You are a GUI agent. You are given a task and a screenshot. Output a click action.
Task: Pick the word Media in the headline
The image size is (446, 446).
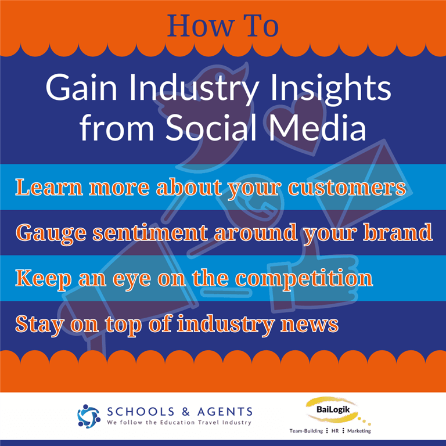coord(317,127)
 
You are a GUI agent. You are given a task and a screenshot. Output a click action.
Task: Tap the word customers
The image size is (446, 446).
coord(347,188)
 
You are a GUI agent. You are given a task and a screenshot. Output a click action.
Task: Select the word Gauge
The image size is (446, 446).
coord(51,233)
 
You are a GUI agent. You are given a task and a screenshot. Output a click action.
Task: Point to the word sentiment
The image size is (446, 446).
coord(150,232)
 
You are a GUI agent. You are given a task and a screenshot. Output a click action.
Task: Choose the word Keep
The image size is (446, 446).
coord(43,279)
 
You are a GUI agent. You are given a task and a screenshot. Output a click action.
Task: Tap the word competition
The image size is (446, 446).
coord(304,279)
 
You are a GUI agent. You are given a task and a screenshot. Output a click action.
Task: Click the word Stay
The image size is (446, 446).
coord(39,325)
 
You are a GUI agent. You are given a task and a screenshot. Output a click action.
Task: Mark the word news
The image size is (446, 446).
coord(310,325)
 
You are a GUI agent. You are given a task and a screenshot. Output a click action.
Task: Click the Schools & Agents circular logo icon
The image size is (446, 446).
coord(89,416)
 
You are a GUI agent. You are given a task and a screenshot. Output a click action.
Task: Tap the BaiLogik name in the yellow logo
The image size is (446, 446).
coord(333,409)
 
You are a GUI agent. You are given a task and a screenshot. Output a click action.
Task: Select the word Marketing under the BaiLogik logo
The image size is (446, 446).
coord(359,431)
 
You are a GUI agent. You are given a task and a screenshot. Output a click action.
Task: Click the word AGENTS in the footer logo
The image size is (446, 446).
coord(225,412)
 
